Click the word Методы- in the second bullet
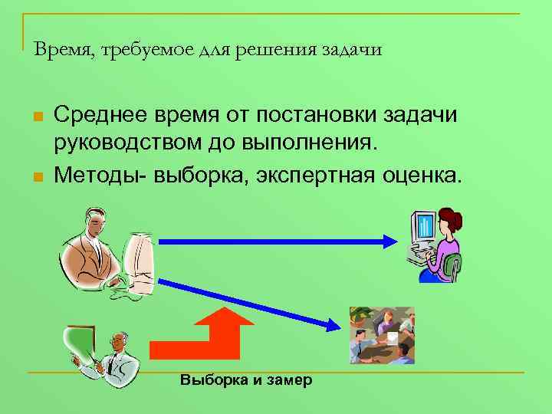coord(100,175)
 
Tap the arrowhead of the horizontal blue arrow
coord(388,241)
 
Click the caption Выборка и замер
coord(246,380)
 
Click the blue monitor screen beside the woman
coord(423,225)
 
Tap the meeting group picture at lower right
coord(382,334)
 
